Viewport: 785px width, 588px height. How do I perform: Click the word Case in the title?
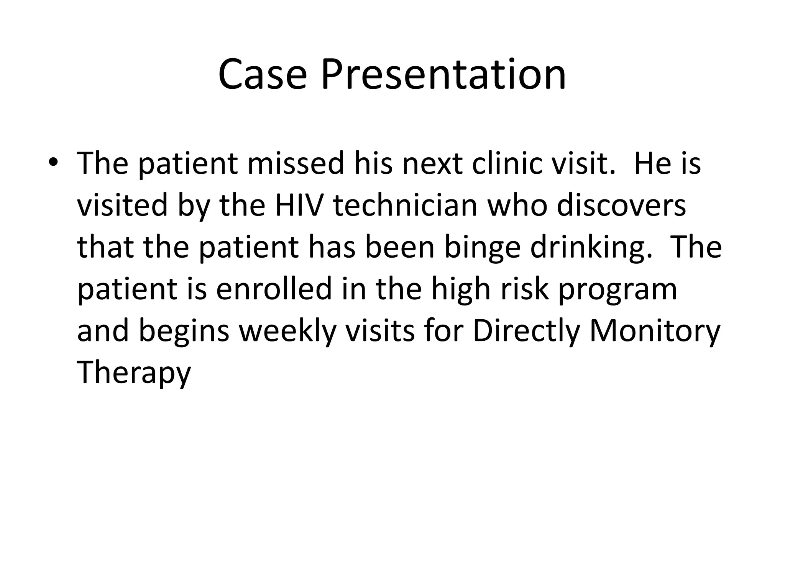pyautogui.click(x=263, y=75)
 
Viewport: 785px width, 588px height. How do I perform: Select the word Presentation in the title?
pyautogui.click(x=443, y=75)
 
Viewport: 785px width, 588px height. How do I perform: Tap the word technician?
pyautogui.click(x=406, y=206)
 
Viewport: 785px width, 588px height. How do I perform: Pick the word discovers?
pyautogui.click(x=621, y=206)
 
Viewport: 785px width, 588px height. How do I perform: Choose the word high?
pyautogui.click(x=461, y=290)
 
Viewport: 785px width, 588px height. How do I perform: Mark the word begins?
pyautogui.click(x=184, y=332)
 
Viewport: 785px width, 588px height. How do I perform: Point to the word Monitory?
pyautogui.click(x=655, y=332)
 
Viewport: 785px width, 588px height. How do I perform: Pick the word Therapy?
pyautogui.click(x=134, y=374)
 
